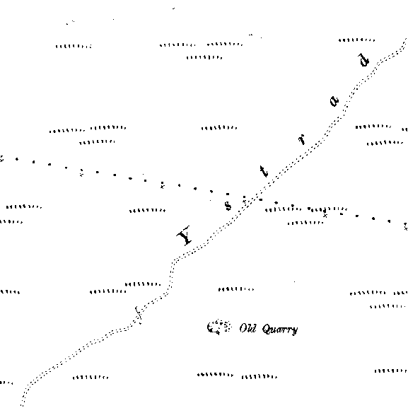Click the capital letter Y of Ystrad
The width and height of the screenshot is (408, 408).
185,235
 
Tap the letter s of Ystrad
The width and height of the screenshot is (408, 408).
228,206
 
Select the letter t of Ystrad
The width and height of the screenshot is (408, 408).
264,172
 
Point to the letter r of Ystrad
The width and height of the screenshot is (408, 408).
301,139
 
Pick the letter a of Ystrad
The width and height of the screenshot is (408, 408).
334,101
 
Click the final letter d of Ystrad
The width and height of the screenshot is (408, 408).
363,60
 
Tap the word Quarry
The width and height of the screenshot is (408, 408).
280,330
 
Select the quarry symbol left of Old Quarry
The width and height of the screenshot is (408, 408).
218,327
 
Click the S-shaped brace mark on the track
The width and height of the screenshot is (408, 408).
138,315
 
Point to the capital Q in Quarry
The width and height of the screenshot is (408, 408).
266,330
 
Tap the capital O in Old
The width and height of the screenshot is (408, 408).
243,329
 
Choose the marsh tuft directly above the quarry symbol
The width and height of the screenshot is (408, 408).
236,289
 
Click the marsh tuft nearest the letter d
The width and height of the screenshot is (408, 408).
356,40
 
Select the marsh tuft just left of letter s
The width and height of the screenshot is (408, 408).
147,210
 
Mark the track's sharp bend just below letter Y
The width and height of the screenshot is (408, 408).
174,260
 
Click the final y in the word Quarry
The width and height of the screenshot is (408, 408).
295,331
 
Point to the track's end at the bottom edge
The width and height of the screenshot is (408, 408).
22,405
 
